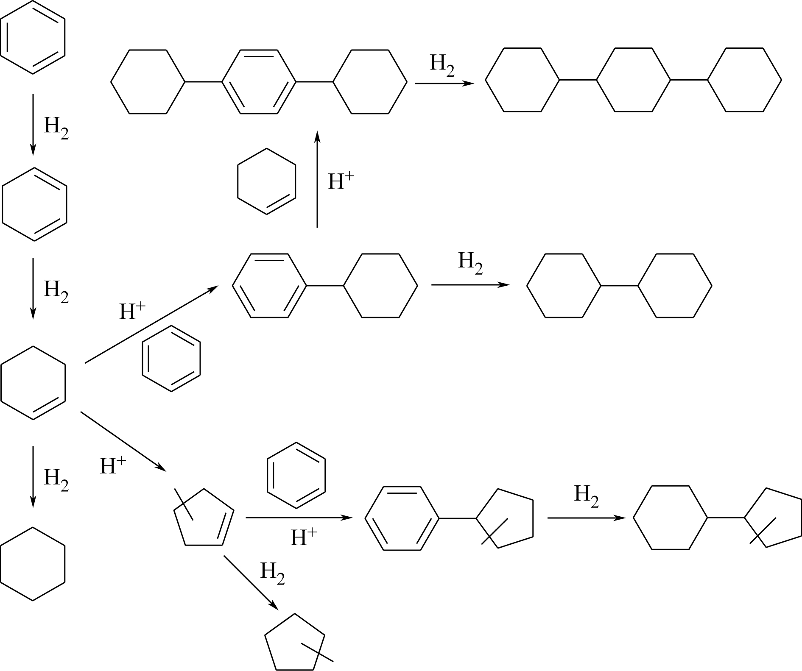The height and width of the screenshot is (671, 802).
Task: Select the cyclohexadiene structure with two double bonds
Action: point(34,204)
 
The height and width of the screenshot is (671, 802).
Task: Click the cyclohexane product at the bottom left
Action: point(33,564)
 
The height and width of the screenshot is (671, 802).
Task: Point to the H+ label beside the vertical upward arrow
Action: point(341,181)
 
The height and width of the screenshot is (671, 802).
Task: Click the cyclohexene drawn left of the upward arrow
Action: point(266,181)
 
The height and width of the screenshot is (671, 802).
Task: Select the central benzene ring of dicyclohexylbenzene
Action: point(259,81)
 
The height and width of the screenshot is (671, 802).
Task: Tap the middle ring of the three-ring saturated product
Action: point(633,80)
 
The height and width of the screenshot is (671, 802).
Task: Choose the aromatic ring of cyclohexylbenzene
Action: point(270,285)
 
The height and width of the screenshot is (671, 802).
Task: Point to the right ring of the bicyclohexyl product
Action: point(675,285)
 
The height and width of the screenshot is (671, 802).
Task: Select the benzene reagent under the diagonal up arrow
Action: point(171,358)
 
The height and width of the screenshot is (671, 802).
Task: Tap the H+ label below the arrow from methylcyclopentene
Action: point(304,537)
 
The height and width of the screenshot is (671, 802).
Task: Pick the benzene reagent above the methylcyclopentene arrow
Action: point(296,475)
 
